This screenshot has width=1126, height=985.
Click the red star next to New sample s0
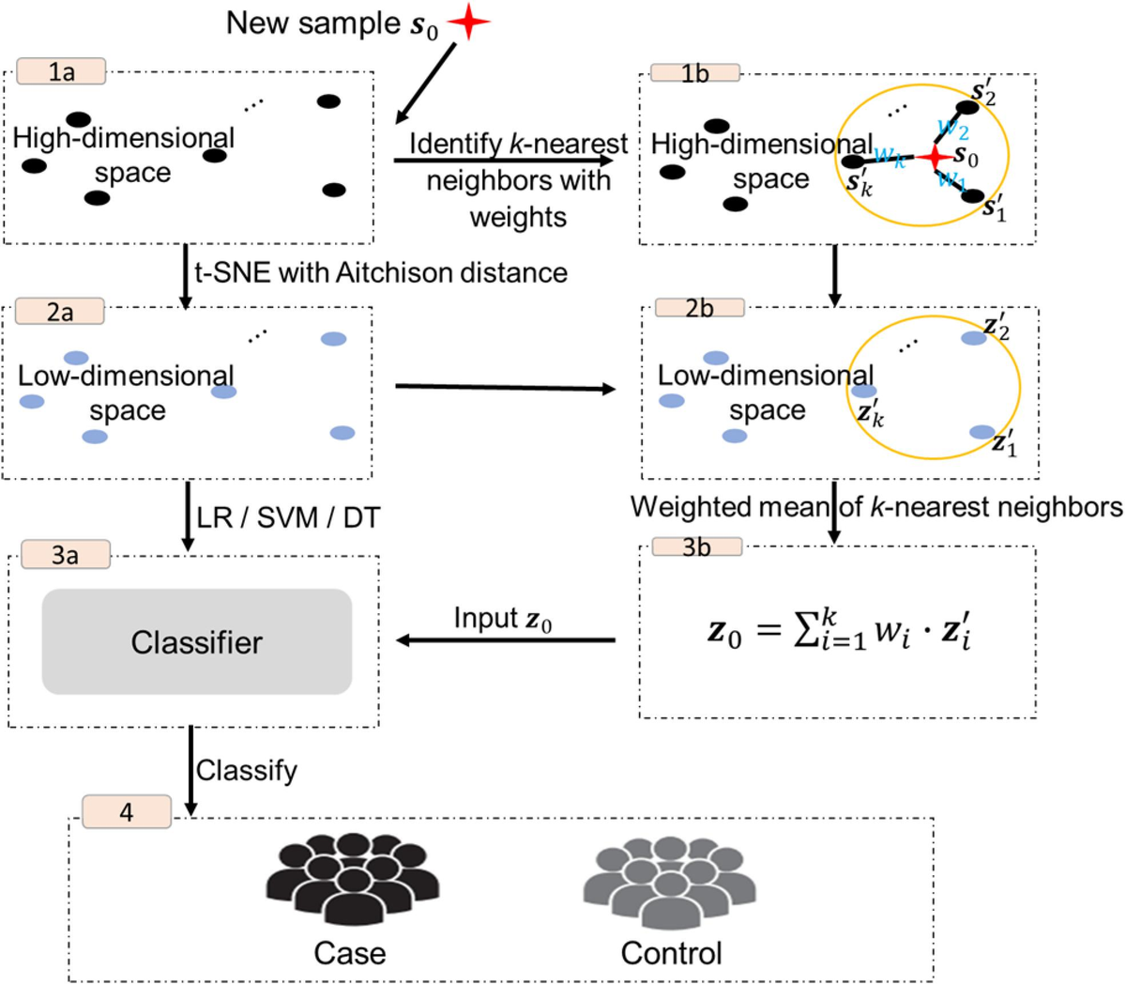click(469, 23)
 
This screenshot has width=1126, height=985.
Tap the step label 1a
click(61, 71)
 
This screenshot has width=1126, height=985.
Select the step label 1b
click(694, 74)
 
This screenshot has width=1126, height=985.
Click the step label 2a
click(60, 312)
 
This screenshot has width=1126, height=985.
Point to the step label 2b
click(699, 308)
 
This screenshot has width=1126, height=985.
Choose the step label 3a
click(65, 555)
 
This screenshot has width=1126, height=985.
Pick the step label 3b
click(696, 547)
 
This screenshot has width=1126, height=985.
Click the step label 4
click(127, 812)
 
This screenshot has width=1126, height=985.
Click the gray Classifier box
click(197, 642)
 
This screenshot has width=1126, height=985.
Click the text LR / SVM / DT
click(288, 517)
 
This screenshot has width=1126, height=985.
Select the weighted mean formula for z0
click(844, 630)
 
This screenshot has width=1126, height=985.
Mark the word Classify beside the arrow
click(247, 770)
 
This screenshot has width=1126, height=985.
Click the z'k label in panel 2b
click(870, 413)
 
